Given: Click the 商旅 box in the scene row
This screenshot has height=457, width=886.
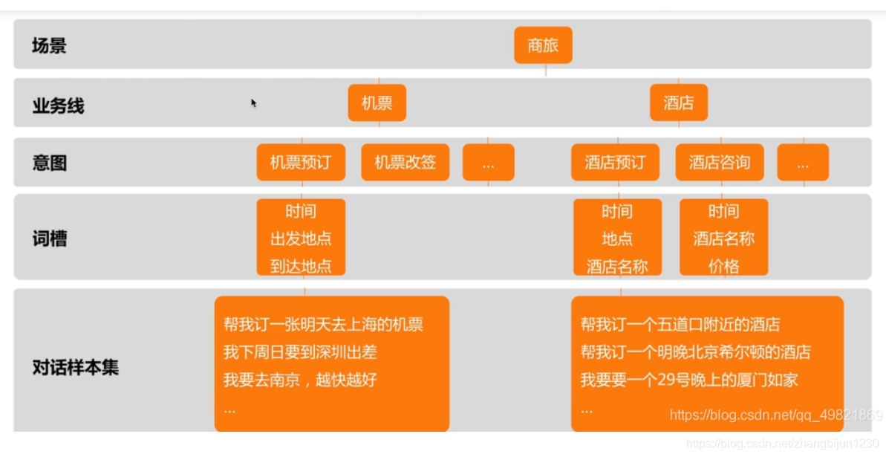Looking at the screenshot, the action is point(543,45).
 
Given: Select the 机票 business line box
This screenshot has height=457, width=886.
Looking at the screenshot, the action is point(377,103).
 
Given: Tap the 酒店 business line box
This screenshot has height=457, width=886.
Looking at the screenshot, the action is point(679,103).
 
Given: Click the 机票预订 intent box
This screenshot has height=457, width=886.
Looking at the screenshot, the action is point(301,162).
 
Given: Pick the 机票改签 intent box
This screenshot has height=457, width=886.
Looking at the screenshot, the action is point(405,162).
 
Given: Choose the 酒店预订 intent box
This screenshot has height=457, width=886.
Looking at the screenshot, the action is point(615,162).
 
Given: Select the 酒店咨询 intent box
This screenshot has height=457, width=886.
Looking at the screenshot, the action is point(719,162).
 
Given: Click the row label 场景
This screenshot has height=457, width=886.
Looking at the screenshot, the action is point(49,45).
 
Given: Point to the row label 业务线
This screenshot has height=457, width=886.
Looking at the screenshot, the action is point(58,106).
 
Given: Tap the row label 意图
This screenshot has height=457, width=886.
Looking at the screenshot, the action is point(49,163).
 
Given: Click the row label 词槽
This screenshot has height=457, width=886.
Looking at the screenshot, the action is point(49,239).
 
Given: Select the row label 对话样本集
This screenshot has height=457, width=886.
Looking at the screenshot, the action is point(75,367).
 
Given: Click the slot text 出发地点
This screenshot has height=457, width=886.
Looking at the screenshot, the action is point(301,239).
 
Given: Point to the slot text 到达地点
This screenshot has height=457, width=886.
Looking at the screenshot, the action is point(301,266).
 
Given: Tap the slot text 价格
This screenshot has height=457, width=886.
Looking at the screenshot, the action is point(723,266).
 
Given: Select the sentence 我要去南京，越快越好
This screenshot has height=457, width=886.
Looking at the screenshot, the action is point(300,380).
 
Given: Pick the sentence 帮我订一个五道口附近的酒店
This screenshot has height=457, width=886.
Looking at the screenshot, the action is point(680,325).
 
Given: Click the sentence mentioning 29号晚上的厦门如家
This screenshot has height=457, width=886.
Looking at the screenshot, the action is point(689,380).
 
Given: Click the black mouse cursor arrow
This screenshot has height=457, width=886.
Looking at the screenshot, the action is point(253,103).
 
